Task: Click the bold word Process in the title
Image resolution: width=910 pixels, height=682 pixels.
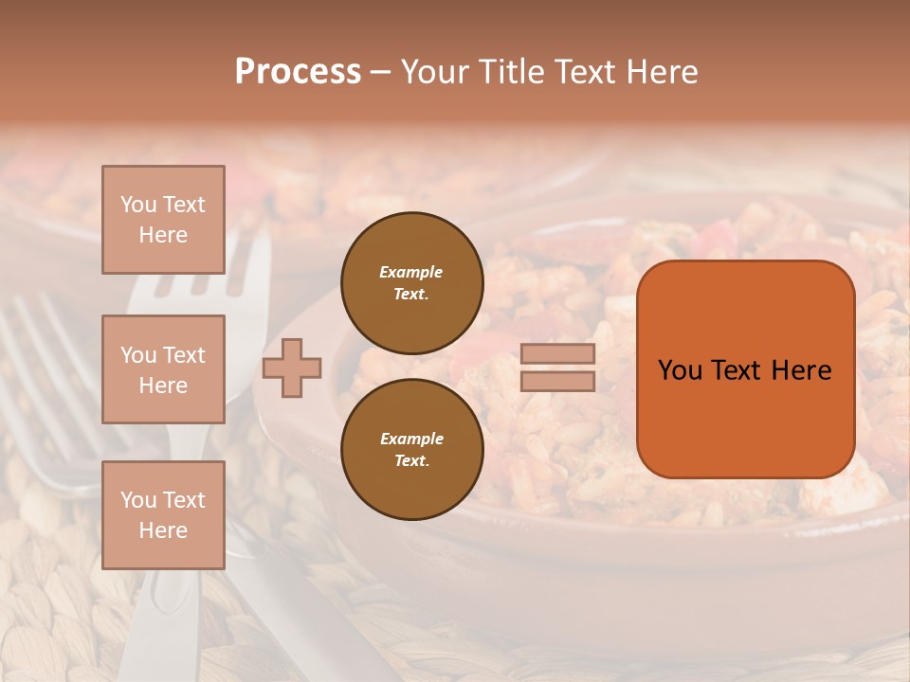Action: [x=298, y=72]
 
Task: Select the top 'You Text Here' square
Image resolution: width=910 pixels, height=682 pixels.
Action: [x=163, y=220]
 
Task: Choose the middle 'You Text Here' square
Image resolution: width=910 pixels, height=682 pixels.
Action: [x=163, y=369]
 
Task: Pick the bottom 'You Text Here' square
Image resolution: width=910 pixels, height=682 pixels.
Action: [x=163, y=515]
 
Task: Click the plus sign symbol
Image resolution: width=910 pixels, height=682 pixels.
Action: [x=292, y=368]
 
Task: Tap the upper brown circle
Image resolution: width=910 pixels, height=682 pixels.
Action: [x=411, y=282]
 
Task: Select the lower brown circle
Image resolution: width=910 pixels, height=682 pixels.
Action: [x=411, y=449]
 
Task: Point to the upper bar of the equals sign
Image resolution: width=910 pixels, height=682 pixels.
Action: [x=557, y=354]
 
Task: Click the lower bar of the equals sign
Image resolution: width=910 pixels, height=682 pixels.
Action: [x=557, y=381]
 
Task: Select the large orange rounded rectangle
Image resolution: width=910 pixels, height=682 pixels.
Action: [x=745, y=369]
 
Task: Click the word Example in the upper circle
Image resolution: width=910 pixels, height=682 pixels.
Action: [x=411, y=272]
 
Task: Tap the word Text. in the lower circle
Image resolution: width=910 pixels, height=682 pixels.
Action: [x=411, y=460]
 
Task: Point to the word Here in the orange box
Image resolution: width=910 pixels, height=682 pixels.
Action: [x=801, y=370]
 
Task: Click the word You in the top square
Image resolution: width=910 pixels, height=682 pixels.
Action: [x=138, y=205]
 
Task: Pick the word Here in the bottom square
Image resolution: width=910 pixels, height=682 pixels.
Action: [x=163, y=530]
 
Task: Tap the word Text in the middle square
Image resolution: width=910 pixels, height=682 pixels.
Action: [x=184, y=355]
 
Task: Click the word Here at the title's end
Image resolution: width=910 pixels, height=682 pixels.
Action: [x=663, y=72]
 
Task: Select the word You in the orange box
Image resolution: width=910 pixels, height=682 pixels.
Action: [x=681, y=370]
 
